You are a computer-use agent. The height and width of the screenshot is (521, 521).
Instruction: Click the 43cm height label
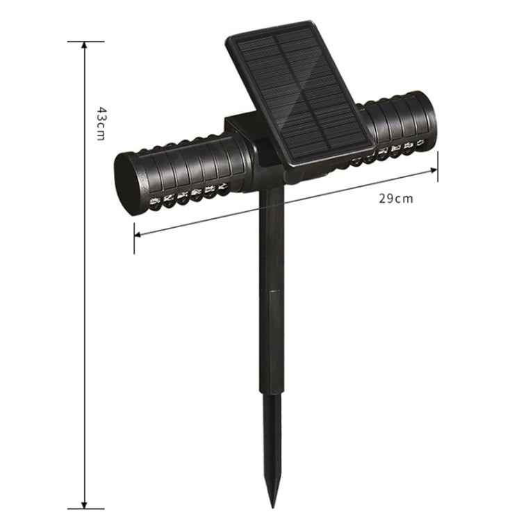tap(101, 124)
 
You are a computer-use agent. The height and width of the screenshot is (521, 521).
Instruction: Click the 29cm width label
tap(396, 199)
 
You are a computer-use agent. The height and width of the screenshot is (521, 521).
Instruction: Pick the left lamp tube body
tap(188, 170)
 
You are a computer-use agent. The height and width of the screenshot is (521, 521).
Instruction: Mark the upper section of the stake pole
tap(273, 236)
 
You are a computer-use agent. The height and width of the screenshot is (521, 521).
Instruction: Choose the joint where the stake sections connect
tap(273, 292)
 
